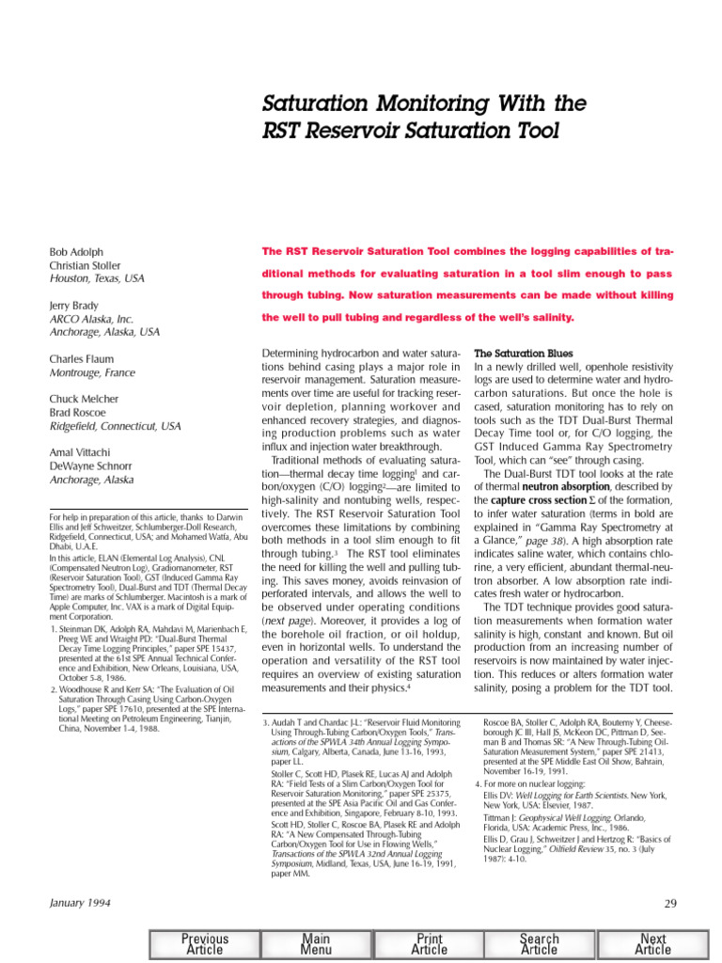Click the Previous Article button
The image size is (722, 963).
coord(205,944)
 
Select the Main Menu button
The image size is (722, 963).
coord(316,944)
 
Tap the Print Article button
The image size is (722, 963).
coord(429,944)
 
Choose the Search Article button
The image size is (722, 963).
coord(540,944)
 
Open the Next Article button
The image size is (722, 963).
coord(652,944)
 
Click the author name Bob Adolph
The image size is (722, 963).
coord(76,253)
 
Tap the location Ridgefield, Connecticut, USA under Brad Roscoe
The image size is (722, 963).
coord(116,426)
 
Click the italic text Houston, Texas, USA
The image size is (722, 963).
coord(97,279)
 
